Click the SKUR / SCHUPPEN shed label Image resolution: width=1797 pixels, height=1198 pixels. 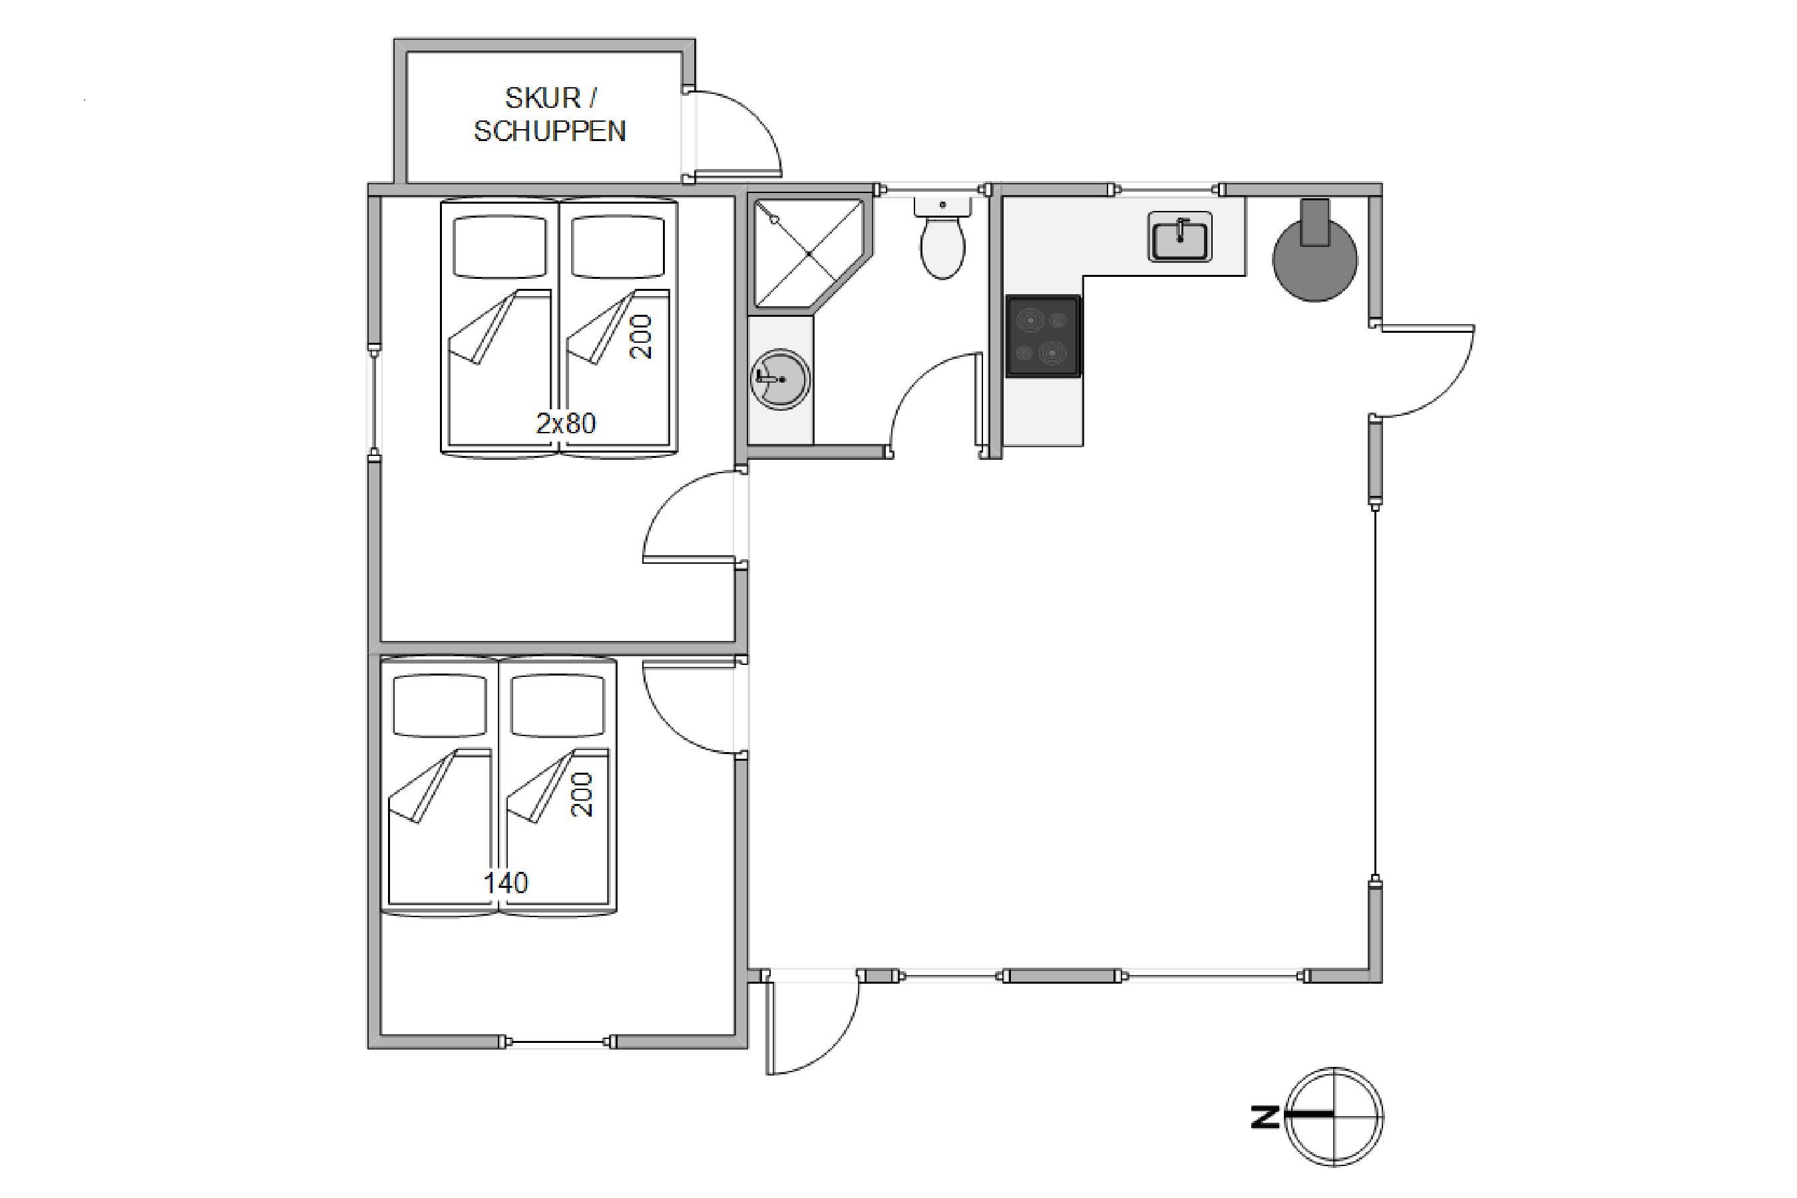[x=550, y=114]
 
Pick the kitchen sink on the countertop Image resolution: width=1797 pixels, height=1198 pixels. [x=1179, y=237]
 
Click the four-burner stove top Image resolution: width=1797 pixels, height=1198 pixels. [x=1043, y=336]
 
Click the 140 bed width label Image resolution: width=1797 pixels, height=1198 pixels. [x=506, y=883]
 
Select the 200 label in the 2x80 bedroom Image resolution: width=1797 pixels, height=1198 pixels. [x=642, y=336]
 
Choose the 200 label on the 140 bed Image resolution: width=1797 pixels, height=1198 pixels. [x=582, y=795]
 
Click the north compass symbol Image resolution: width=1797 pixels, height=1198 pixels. [x=1334, y=1116]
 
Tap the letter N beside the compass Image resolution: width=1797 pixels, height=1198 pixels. [x=1265, y=1117]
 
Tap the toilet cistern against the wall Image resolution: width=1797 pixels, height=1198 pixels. [x=943, y=206]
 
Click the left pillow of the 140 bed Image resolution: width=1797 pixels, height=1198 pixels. [x=439, y=705]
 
